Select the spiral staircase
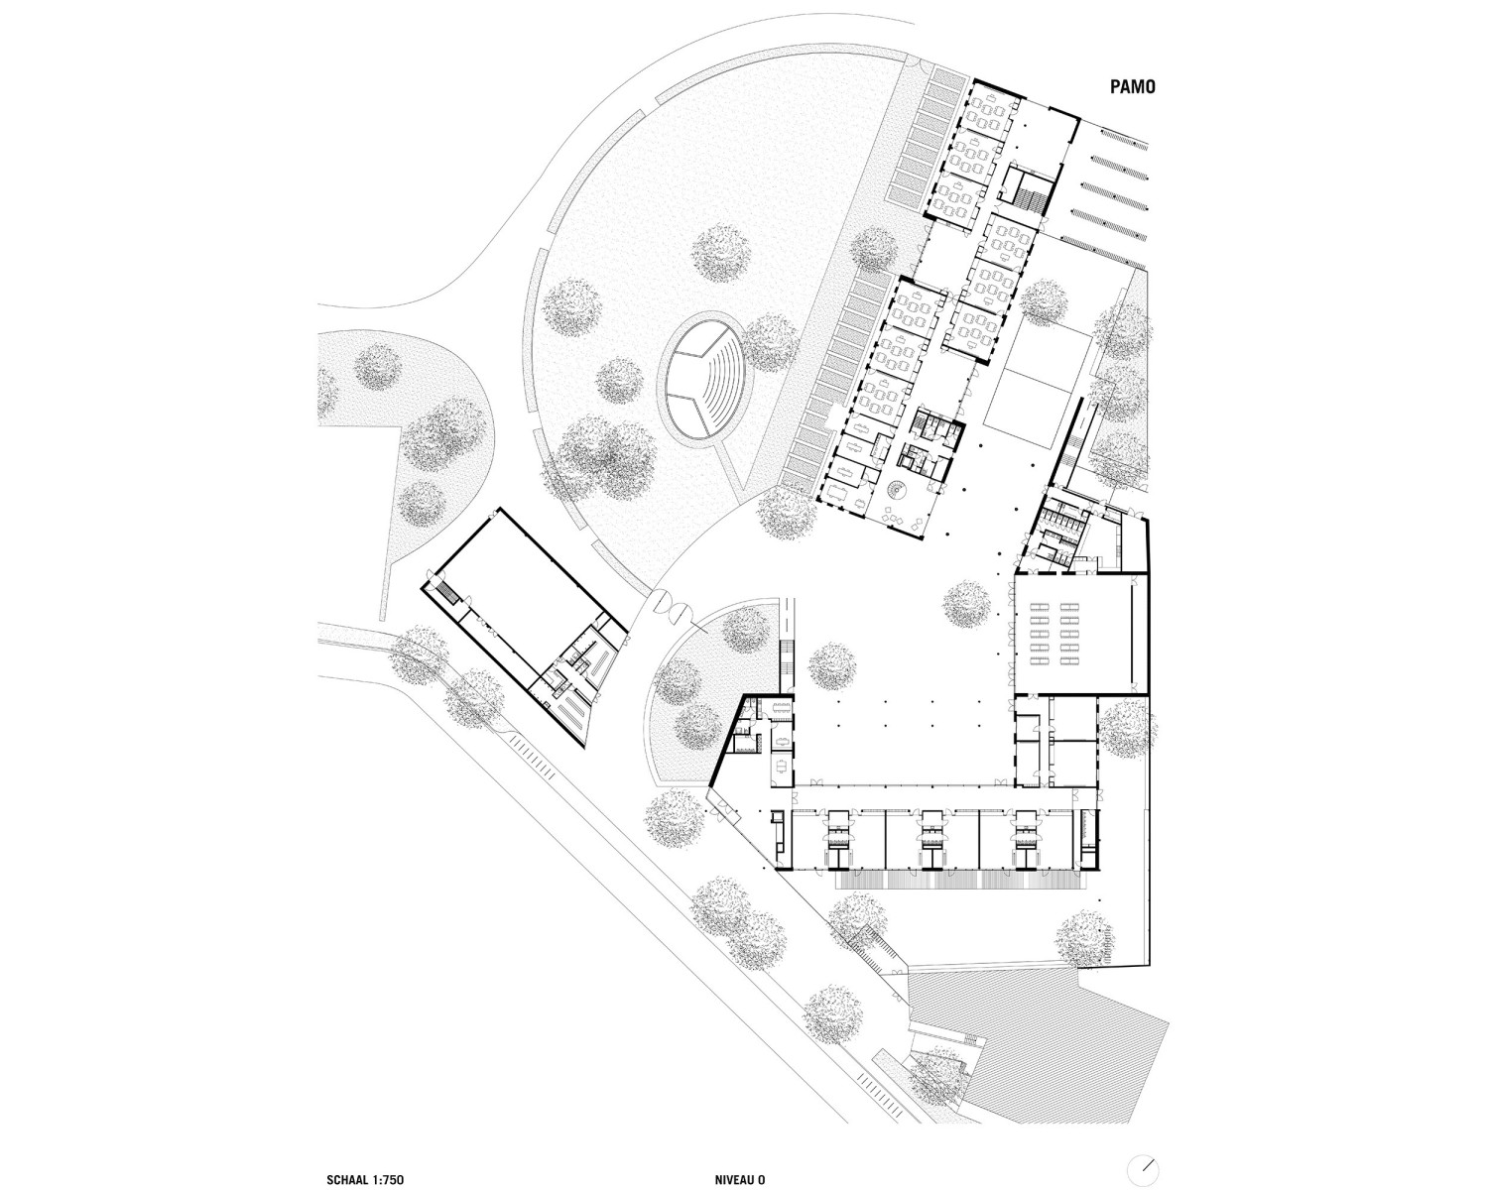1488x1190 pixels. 896,492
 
